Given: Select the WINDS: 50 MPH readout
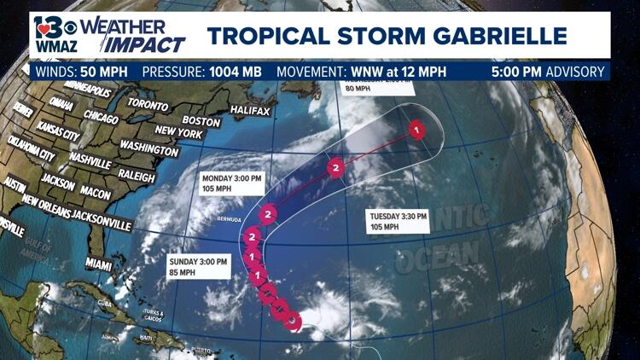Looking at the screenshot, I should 81,72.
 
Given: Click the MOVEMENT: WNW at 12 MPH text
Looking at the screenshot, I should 355,72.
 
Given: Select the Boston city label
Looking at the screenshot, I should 201,121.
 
